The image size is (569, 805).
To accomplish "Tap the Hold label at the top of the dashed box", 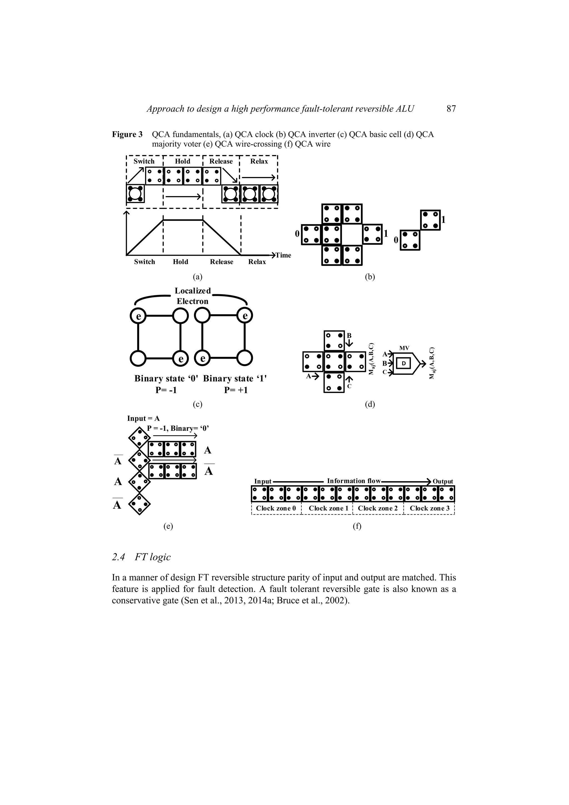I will [x=183, y=161].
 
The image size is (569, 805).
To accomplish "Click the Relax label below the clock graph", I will [x=257, y=262].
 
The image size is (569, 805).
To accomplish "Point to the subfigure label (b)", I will [x=370, y=277].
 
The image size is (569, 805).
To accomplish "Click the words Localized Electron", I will [x=193, y=296].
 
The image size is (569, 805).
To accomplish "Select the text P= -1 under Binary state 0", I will [x=166, y=390].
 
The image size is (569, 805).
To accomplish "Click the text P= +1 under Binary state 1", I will [x=236, y=390].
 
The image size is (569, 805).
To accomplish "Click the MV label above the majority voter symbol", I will [x=404, y=348].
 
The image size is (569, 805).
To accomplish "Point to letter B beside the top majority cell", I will [x=349, y=336].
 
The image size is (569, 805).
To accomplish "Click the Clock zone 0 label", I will [x=276, y=508].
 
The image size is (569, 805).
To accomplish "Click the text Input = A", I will [x=143, y=418].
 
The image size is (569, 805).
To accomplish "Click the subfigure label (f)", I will [x=357, y=526].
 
